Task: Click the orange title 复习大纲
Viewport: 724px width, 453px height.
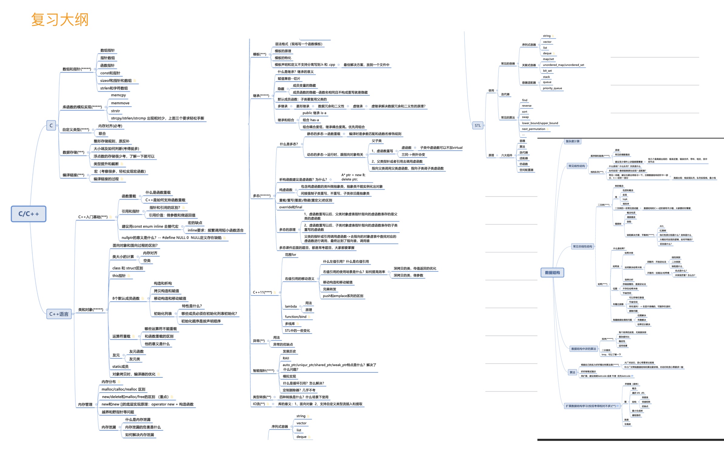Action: [x=60, y=20]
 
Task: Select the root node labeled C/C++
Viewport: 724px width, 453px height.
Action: [x=29, y=214]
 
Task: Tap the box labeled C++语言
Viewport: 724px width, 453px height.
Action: [x=59, y=314]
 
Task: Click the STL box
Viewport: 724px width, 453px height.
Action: [x=478, y=125]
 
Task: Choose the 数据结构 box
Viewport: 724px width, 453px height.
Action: [x=552, y=273]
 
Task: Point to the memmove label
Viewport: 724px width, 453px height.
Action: [x=120, y=103]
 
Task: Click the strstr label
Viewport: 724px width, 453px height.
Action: [x=115, y=111]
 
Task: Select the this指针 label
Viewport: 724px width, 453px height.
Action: [x=119, y=276]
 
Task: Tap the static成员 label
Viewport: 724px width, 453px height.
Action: [x=120, y=367]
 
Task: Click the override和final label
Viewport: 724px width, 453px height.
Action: [x=291, y=207]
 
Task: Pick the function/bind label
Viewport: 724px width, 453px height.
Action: [x=296, y=317]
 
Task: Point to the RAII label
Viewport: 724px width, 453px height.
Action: [x=286, y=358]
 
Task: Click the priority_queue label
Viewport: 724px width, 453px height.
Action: [x=552, y=88]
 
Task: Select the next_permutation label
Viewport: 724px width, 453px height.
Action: [x=533, y=129]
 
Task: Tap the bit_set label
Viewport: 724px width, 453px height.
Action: [x=547, y=71]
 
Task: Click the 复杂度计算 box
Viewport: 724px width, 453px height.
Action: [x=573, y=141]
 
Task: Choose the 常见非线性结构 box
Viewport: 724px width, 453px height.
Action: [x=582, y=247]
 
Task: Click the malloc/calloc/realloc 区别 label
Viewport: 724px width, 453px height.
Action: [x=123, y=389]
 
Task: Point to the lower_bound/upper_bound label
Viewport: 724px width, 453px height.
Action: [x=540, y=123]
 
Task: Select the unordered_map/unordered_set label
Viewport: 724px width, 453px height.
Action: [x=563, y=65]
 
